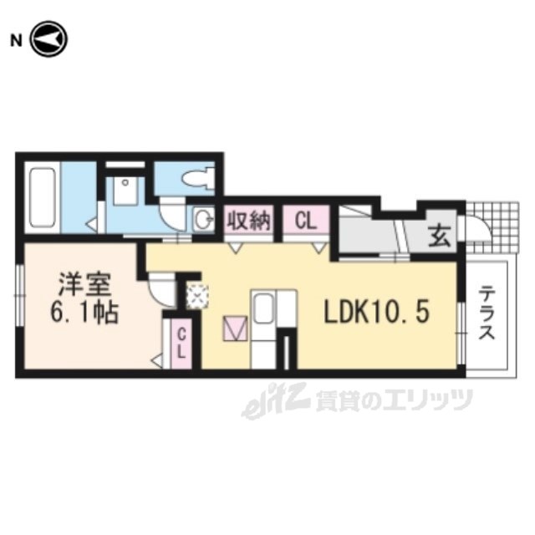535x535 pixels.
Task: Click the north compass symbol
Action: (x=49, y=39)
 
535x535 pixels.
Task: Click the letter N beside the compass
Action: (x=16, y=41)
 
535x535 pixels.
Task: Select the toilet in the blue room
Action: (x=198, y=178)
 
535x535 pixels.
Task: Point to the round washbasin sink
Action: (x=204, y=219)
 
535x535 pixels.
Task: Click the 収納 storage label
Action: (x=249, y=220)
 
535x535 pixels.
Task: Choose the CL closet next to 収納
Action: (x=305, y=221)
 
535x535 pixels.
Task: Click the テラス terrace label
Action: (x=487, y=313)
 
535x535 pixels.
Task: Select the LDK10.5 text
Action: (x=376, y=313)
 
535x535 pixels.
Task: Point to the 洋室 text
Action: (x=84, y=284)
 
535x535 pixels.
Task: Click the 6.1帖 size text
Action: (x=84, y=312)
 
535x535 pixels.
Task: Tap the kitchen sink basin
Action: (x=263, y=308)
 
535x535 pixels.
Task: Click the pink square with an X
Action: (x=235, y=329)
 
